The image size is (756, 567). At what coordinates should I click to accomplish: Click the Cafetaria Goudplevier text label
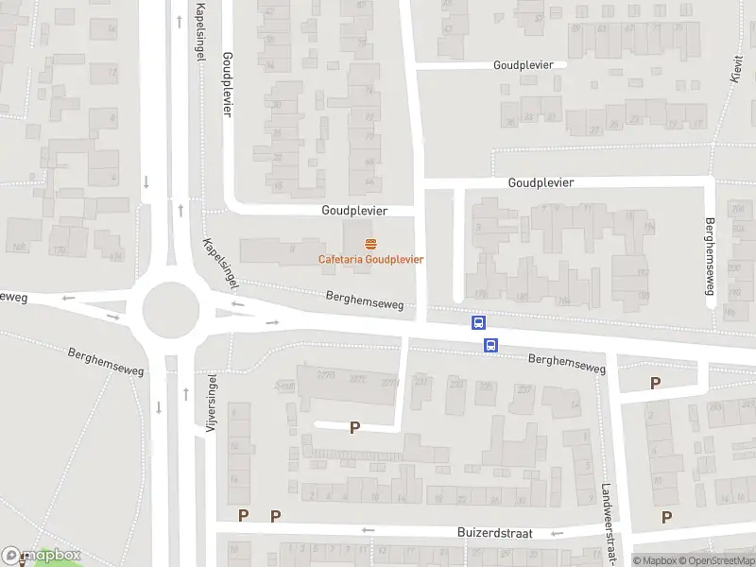click(x=369, y=259)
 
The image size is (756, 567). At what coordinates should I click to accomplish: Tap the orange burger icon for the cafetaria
click(x=369, y=244)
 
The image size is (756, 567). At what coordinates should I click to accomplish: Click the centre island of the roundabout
click(x=171, y=308)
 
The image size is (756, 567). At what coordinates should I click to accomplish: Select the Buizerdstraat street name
click(x=494, y=533)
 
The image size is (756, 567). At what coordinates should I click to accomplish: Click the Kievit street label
click(x=736, y=67)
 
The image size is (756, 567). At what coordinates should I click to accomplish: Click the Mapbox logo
click(x=42, y=556)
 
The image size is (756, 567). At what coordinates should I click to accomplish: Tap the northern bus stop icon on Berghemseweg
click(x=479, y=323)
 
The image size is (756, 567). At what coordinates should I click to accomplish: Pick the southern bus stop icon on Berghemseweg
click(x=490, y=346)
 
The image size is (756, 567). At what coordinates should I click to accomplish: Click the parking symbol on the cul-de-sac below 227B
click(x=355, y=427)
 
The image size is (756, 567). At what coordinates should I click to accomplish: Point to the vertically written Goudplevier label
click(x=227, y=84)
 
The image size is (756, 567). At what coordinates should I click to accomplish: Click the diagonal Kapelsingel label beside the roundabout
click(x=220, y=262)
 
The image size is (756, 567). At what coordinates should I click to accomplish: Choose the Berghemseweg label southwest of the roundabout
click(x=106, y=361)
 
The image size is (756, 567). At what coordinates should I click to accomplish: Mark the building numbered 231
click(x=421, y=381)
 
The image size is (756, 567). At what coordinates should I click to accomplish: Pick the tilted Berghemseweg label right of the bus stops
click(x=566, y=363)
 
